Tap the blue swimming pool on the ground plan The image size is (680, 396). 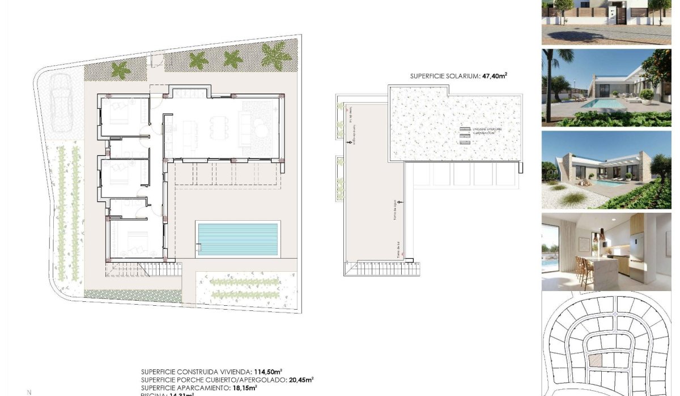[x=238, y=238]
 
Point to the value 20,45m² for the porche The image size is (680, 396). [x=301, y=380]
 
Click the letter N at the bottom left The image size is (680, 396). [x=29, y=392]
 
